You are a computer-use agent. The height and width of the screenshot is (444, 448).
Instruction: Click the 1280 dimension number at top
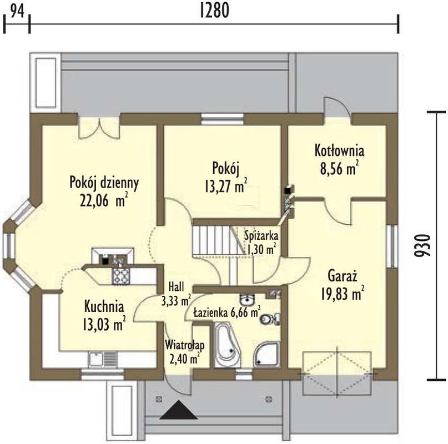coord(214,11)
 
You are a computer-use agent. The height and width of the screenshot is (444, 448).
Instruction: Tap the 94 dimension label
coord(17,11)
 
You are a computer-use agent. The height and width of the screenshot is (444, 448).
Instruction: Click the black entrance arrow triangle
coord(179,410)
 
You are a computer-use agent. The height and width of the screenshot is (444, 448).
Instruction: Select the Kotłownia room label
coord(339,150)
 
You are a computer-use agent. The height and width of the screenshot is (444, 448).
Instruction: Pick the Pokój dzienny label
coord(104,183)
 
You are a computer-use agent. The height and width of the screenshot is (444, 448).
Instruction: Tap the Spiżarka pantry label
coord(261,236)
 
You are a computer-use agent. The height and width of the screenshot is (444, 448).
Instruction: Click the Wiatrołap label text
coord(185,345)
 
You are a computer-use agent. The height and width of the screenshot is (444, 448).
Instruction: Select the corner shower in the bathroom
coord(266,354)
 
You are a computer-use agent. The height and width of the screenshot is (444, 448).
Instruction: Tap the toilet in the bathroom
coord(270,319)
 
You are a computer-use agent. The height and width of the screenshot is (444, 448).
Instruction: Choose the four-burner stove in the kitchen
coord(122,276)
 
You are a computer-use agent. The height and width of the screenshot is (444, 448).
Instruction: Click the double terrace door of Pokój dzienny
coord(99,127)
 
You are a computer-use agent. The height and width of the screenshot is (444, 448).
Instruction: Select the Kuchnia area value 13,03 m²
coord(104,324)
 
